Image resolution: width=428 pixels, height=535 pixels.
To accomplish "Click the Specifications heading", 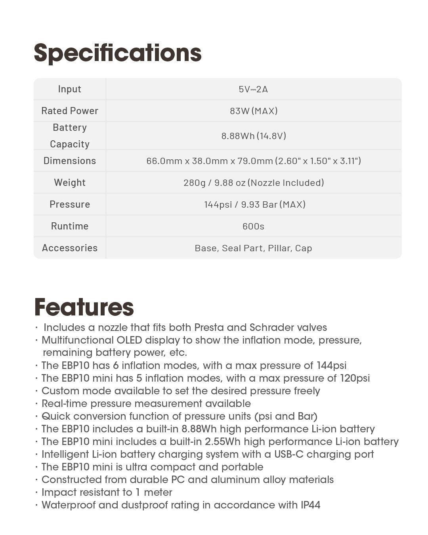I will (x=118, y=53).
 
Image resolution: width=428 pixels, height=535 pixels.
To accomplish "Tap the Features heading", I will (x=84, y=307).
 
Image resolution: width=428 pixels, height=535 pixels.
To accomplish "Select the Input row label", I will (x=70, y=89).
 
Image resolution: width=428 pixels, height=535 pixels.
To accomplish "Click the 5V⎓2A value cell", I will (x=253, y=89).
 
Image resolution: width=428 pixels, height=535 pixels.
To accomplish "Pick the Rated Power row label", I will (x=70, y=111).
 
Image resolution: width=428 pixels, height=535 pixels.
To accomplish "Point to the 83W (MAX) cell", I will (x=254, y=111).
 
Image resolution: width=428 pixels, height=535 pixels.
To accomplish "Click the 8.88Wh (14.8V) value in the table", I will (x=254, y=136).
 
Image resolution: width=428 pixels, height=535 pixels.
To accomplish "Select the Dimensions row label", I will (x=70, y=161).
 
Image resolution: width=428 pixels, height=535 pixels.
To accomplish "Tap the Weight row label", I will (x=70, y=183).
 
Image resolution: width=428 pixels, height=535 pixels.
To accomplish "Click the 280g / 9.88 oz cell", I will (x=254, y=183).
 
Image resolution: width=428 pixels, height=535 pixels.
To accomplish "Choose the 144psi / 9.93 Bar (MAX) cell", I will (x=255, y=204).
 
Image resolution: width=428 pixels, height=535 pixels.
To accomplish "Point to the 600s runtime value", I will (x=253, y=226).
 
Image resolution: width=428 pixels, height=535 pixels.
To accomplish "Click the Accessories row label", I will (x=70, y=248).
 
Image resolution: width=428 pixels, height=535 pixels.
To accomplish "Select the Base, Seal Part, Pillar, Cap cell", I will (x=253, y=248).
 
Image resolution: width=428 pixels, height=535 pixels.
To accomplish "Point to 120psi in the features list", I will (x=355, y=378).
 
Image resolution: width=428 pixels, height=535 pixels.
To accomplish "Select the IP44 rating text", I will (x=310, y=505).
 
